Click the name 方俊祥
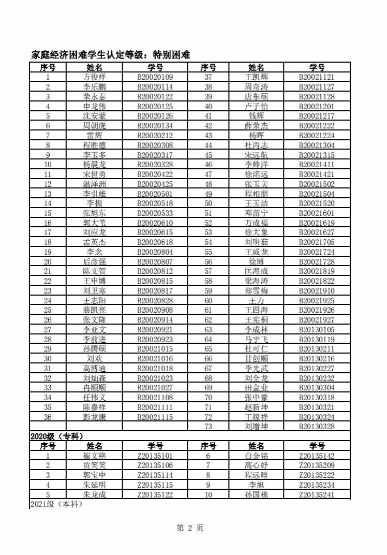tap(94, 77)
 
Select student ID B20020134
tap(155, 126)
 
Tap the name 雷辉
tap(94, 136)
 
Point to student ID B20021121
tap(317, 77)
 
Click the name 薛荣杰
tap(256, 126)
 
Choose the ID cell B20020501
tap(155, 194)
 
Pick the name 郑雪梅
tap(256, 291)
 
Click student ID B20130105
tap(317, 330)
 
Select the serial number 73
tap(209, 427)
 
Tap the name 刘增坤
tap(256, 427)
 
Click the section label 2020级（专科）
tap(57, 436)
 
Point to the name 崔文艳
tap(94, 456)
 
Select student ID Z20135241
tap(317, 495)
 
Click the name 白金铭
tap(256, 456)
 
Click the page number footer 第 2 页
tap(190, 528)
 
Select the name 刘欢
tap(94, 359)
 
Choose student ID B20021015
tap(155, 349)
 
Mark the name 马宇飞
tap(256, 340)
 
